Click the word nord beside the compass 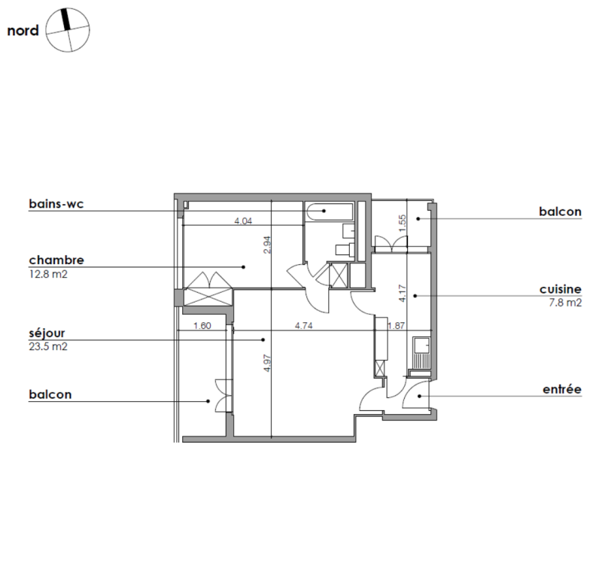(23, 30)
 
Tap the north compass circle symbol (68, 30)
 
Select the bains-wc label (56, 203)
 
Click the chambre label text (56, 260)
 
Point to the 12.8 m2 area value (48, 274)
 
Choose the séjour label (47, 333)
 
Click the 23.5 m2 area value (48, 346)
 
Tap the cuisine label (561, 289)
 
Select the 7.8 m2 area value (565, 303)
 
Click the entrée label (562, 389)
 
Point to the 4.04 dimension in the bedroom (243, 221)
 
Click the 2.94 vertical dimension (267, 245)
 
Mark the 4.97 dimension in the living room (267, 363)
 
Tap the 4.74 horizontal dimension (303, 325)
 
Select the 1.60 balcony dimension (202, 325)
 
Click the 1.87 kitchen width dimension (397, 325)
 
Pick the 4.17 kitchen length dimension (403, 293)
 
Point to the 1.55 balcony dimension (403, 223)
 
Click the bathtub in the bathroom (330, 212)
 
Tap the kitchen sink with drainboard (421, 354)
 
